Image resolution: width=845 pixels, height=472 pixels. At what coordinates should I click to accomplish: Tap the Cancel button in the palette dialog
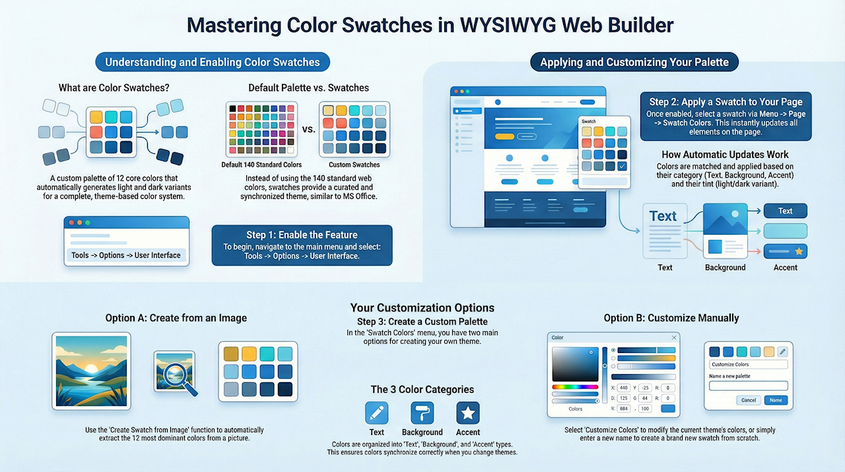749,400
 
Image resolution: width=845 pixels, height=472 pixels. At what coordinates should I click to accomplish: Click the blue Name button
776,400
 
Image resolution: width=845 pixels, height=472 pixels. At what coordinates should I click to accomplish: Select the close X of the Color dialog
674,337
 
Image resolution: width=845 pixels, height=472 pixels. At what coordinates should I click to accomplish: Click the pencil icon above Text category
376,413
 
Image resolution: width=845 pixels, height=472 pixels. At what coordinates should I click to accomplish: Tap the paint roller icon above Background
422,413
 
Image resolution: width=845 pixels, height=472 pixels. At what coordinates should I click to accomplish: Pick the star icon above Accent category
468,413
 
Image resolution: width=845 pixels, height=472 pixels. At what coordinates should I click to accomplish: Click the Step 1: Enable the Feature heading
302,235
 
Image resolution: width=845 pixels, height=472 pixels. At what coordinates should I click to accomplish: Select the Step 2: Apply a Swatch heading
726,102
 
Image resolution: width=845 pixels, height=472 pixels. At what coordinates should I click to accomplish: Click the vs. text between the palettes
308,130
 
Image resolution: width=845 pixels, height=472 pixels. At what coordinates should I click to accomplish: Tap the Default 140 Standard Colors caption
261,165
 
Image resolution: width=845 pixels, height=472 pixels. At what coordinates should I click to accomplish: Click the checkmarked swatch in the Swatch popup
622,166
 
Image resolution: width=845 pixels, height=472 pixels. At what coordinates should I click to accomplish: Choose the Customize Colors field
749,364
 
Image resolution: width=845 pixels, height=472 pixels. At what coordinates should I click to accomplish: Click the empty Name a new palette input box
749,385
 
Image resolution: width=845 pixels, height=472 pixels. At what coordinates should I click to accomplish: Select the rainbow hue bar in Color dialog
575,387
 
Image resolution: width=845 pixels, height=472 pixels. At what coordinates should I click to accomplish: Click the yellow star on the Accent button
799,251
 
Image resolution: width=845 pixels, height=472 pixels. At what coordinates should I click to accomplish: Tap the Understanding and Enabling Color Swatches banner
213,62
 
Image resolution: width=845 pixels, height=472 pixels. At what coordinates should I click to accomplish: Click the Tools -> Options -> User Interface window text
126,255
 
